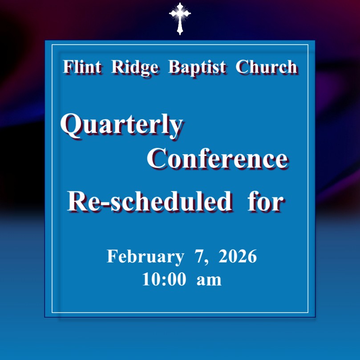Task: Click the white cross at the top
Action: click(x=180, y=18)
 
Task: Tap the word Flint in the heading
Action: click(x=82, y=67)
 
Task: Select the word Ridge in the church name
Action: click(x=135, y=68)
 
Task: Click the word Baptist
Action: click(x=197, y=68)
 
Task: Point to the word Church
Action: click(x=267, y=67)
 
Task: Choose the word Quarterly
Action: click(x=121, y=126)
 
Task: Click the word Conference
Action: click(x=218, y=159)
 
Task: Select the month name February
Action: click(x=146, y=257)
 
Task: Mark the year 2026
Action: click(x=238, y=256)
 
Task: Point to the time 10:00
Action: click(x=164, y=279)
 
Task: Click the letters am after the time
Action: click(x=209, y=281)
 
